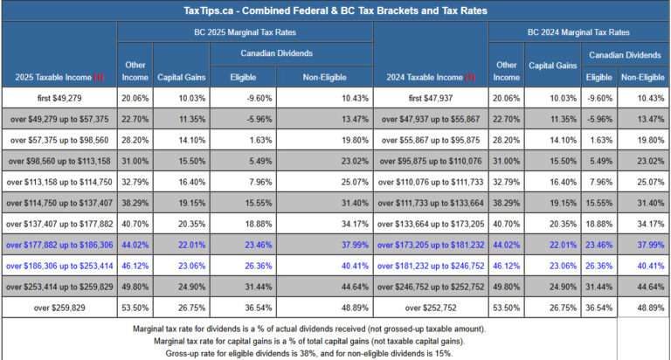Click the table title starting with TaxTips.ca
(x=335, y=10)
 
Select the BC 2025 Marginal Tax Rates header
(x=245, y=31)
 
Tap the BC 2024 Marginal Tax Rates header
(x=578, y=31)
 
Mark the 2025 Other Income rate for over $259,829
(x=135, y=308)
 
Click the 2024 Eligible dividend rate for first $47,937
(x=598, y=98)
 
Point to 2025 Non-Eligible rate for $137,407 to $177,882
(x=333, y=224)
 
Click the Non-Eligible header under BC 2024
(x=643, y=77)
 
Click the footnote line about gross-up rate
(x=335, y=353)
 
